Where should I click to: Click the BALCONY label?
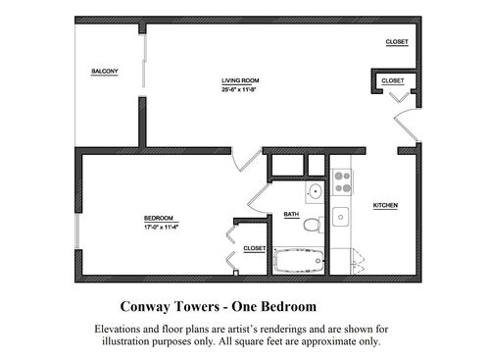tap(105, 72)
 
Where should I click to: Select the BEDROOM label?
tap(158, 217)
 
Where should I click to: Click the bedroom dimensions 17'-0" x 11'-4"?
tap(161, 227)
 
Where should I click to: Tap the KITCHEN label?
tap(385, 205)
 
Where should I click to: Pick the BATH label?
tap(291, 214)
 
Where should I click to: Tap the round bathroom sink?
tap(314, 191)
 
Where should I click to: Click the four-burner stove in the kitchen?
tap(343, 181)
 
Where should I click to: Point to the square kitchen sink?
tap(341, 216)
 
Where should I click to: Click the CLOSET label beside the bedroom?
tap(254, 248)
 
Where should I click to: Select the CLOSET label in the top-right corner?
tap(397, 42)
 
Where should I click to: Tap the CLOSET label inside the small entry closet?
tap(392, 80)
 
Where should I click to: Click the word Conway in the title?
tap(149, 305)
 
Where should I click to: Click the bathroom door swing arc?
tap(257, 196)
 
